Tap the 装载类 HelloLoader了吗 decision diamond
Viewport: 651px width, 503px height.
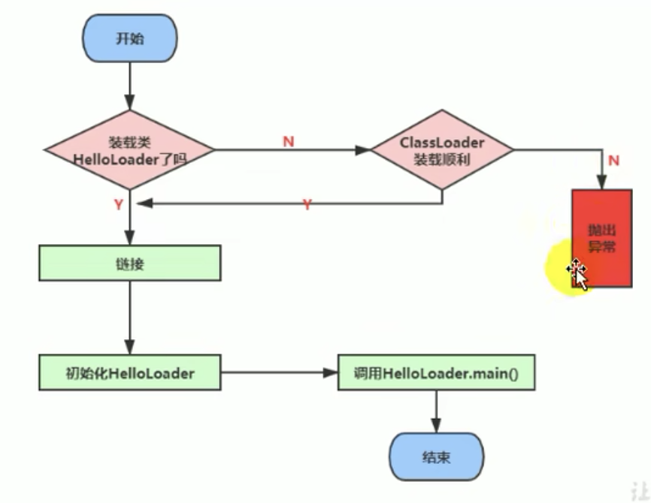(129, 150)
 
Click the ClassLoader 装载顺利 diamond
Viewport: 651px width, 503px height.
(442, 150)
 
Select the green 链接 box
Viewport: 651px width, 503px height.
(129, 264)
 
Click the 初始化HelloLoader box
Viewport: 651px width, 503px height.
(129, 373)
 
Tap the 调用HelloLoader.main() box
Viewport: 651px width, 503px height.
(436, 373)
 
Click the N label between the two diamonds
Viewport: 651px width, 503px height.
(289, 141)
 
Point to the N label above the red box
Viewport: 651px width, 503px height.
(613, 160)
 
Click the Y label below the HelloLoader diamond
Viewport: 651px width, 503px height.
(118, 203)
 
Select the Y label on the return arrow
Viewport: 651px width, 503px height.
(307, 204)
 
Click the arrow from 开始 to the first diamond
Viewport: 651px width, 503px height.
(130, 86)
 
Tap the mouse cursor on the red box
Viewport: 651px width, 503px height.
(578, 272)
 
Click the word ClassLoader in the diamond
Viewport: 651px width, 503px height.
(442, 142)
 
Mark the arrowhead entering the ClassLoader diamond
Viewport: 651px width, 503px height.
(364, 150)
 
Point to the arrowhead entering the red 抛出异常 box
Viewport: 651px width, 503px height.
(601, 182)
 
